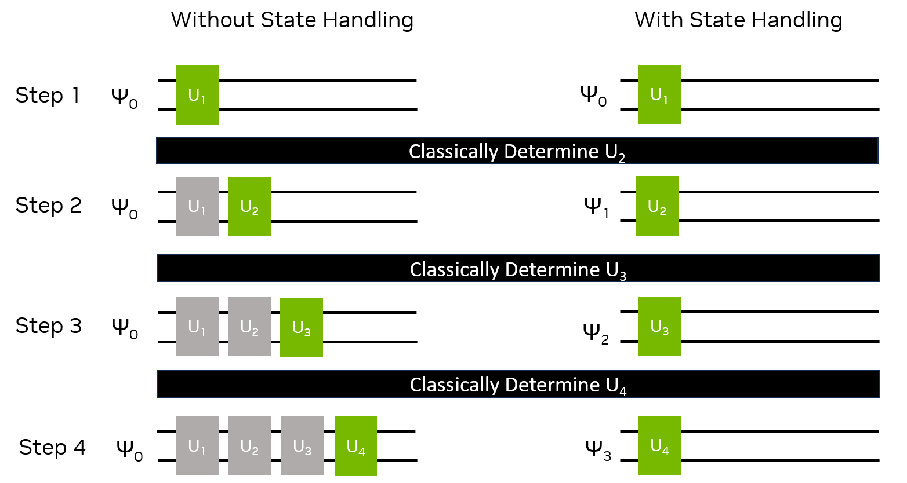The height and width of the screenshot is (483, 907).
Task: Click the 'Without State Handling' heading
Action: (292, 20)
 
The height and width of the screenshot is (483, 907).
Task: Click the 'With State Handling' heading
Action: (738, 20)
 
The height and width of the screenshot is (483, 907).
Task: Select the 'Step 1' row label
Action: (48, 96)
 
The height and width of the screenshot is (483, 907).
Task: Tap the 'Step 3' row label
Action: (49, 326)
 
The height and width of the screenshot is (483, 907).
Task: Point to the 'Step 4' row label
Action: (52, 447)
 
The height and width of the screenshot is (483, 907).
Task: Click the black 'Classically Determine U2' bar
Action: (517, 151)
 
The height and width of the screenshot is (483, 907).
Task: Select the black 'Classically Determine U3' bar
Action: (518, 269)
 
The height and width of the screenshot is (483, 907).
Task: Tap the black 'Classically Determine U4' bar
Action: (518, 384)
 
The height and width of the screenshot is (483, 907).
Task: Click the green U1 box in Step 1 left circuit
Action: (197, 94)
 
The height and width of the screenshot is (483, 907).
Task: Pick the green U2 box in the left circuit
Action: (249, 206)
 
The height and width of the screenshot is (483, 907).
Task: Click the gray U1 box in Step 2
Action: (197, 206)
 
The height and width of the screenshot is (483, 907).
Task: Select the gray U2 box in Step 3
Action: (249, 326)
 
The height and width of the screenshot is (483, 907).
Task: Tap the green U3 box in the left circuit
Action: (302, 327)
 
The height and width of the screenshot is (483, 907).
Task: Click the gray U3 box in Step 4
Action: (302, 445)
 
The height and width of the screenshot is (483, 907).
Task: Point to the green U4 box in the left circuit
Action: (355, 446)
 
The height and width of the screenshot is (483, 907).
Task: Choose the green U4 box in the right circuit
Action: (659, 445)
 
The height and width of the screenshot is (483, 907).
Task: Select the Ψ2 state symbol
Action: (596, 333)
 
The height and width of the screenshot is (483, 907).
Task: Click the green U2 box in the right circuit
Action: (657, 206)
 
